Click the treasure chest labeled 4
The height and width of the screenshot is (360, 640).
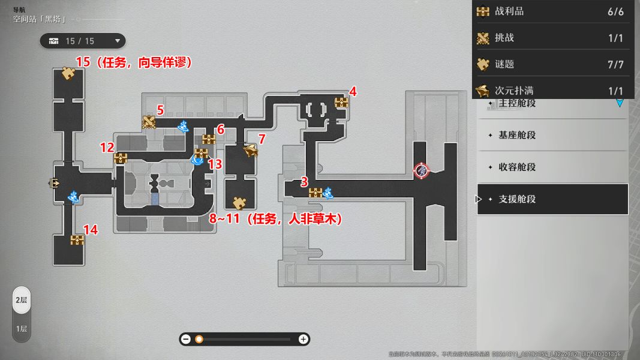(x=341, y=103)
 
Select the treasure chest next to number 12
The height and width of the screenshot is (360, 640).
(x=121, y=158)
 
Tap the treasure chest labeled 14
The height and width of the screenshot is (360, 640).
(x=77, y=240)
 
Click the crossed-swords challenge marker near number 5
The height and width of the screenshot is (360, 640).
(x=149, y=122)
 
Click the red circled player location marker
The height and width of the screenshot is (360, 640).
(x=422, y=170)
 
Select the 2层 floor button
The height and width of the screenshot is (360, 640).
(x=22, y=300)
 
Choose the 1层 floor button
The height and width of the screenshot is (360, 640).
(x=22, y=329)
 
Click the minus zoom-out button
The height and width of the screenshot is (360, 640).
(x=186, y=339)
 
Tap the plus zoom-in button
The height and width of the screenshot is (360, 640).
(x=304, y=339)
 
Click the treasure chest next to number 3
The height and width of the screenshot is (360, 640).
(x=316, y=193)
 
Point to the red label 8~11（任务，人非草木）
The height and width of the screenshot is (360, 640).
(x=275, y=220)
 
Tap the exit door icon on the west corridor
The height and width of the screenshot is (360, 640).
(x=56, y=183)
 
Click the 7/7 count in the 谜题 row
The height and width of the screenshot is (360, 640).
(x=615, y=64)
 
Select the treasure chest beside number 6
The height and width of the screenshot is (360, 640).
(x=209, y=140)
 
